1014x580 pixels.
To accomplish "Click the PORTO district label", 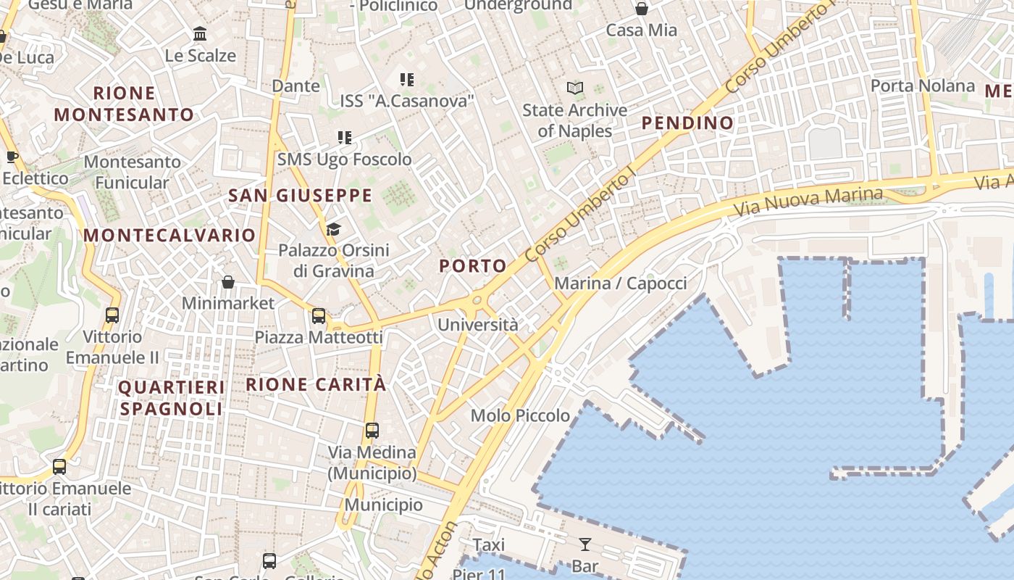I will click(x=472, y=266).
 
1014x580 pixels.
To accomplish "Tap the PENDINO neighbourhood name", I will click(x=687, y=123).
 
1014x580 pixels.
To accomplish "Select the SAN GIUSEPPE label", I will click(x=300, y=195).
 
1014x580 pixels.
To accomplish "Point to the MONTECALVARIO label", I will click(x=169, y=235).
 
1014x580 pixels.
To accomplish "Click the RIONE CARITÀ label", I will click(x=317, y=384).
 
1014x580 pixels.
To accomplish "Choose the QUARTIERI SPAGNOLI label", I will click(x=172, y=398).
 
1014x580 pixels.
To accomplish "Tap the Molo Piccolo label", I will click(x=520, y=415).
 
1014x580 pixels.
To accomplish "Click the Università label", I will click(x=478, y=324).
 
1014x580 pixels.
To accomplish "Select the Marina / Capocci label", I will click(x=620, y=283).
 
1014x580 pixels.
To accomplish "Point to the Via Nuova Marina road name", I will click(x=808, y=201).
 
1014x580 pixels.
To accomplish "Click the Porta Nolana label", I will click(x=922, y=86).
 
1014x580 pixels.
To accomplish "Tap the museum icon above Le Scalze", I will click(x=200, y=33).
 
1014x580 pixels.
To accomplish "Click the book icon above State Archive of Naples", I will click(x=575, y=88).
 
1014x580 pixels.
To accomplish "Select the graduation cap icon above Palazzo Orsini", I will click(x=333, y=230).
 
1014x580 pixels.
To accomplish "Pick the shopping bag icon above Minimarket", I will click(x=228, y=282).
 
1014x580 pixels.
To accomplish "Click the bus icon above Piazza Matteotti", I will click(x=319, y=316).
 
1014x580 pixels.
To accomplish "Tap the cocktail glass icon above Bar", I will click(x=585, y=544).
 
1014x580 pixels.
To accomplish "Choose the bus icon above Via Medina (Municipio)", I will click(x=372, y=431).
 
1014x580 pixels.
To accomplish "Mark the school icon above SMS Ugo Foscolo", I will click(x=345, y=138).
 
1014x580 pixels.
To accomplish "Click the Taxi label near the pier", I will click(x=488, y=544).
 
